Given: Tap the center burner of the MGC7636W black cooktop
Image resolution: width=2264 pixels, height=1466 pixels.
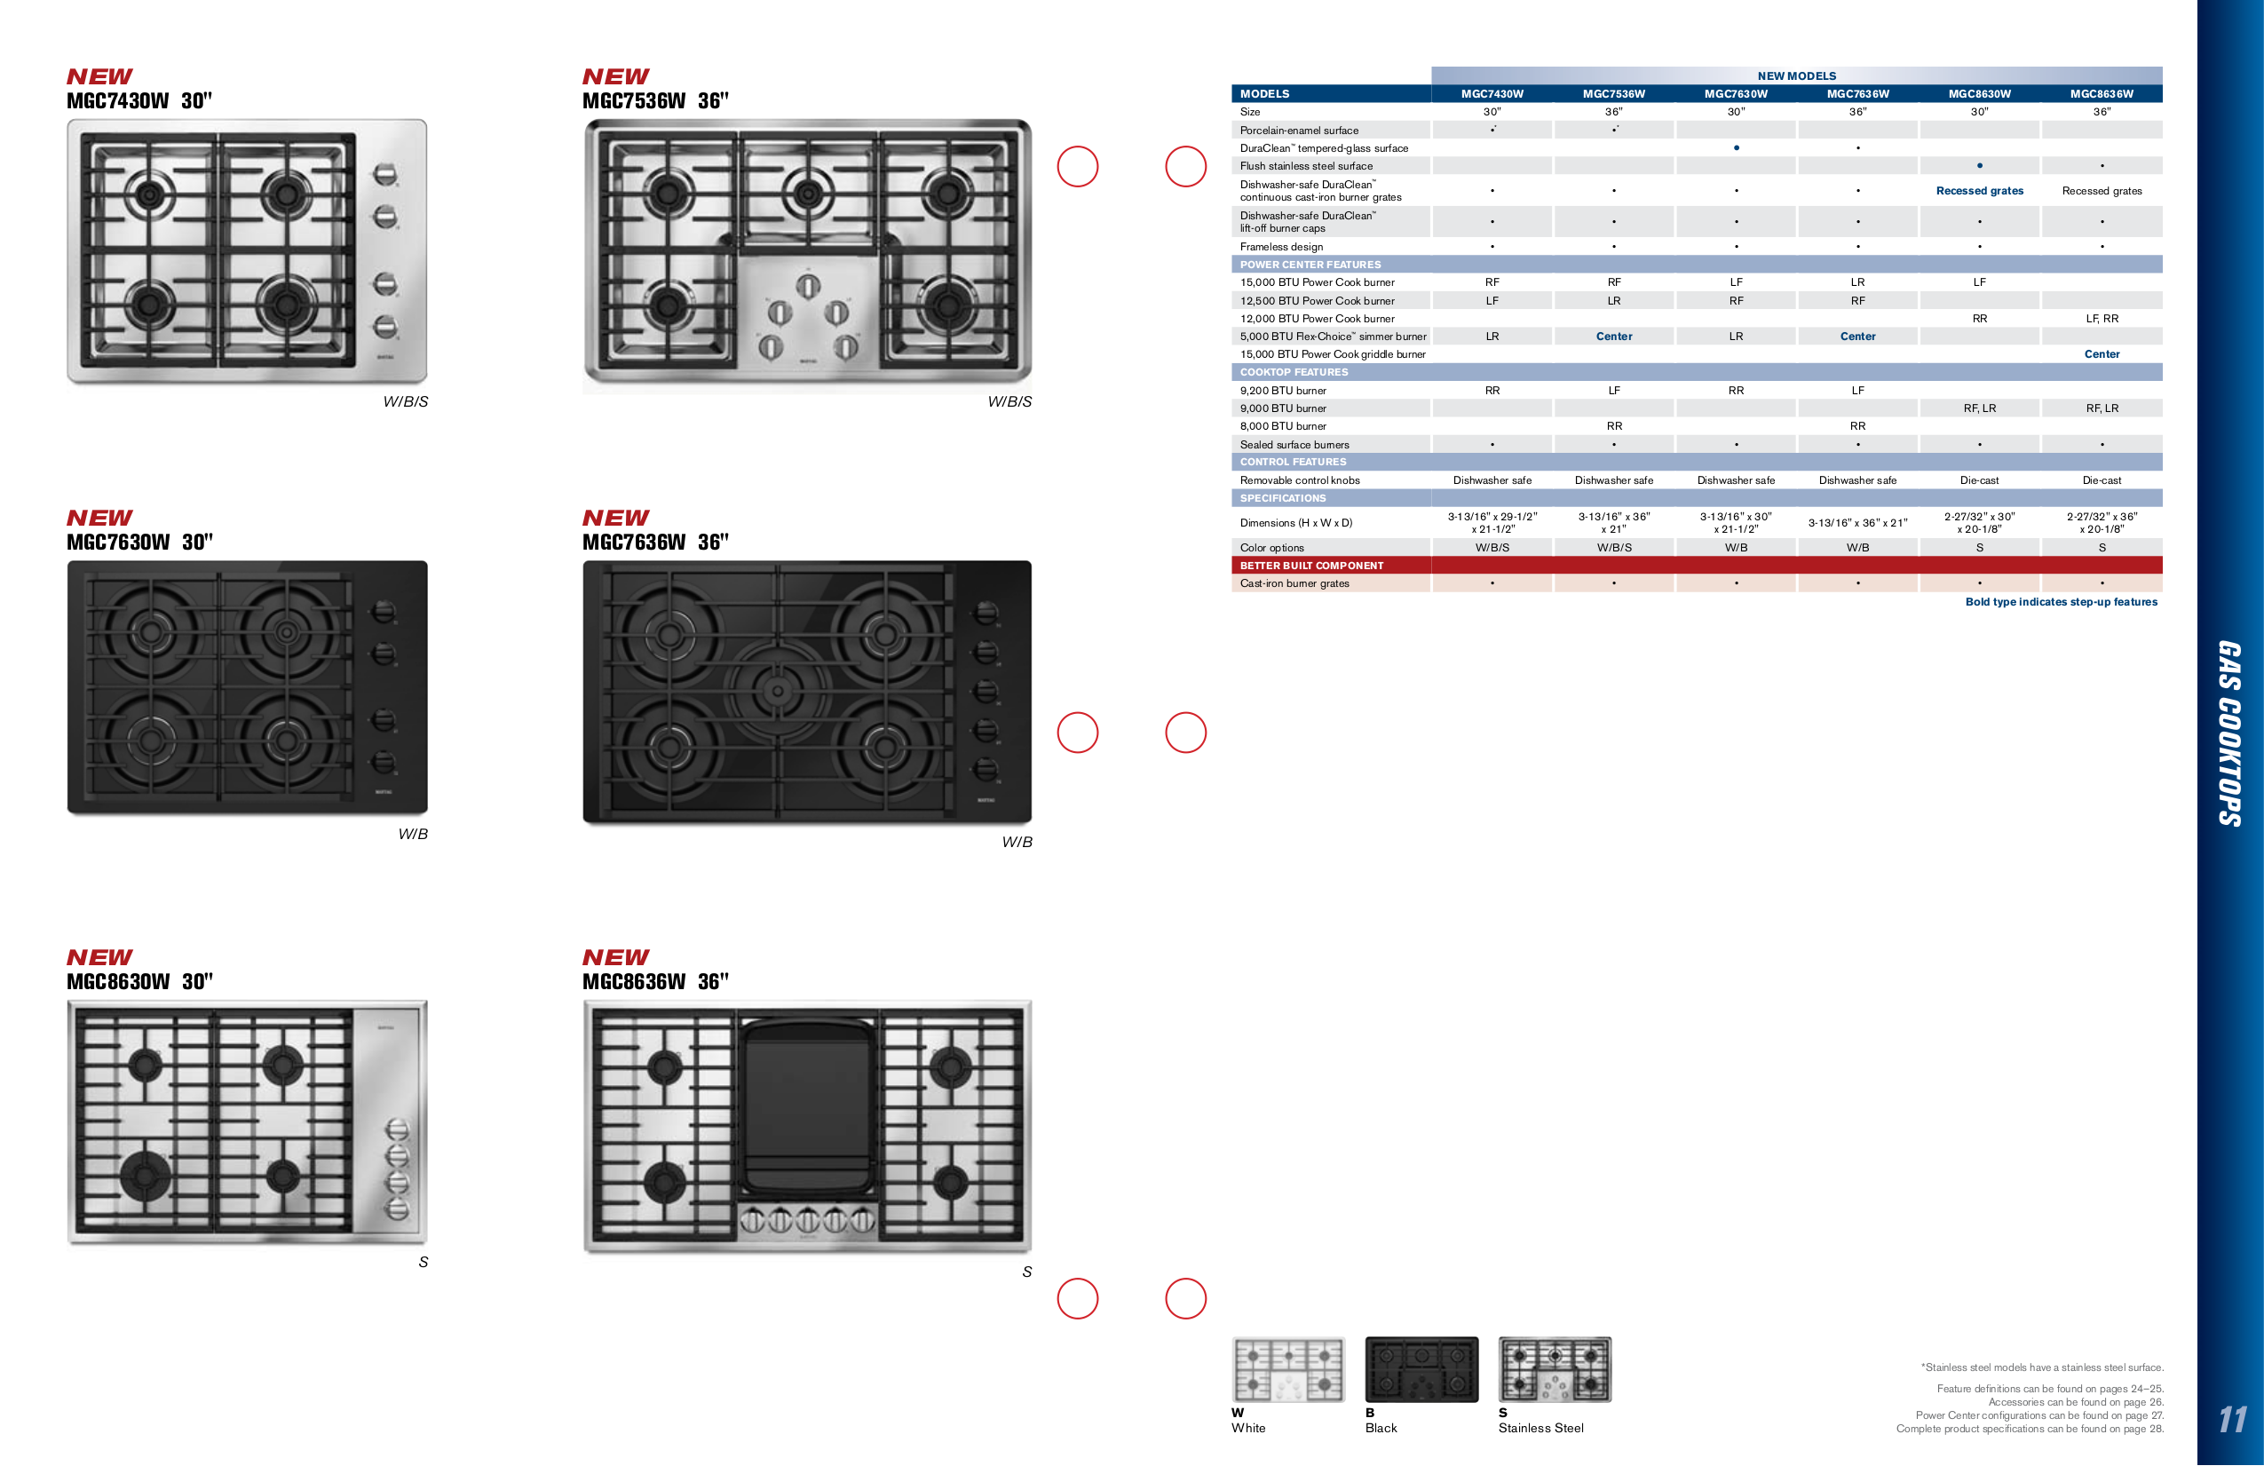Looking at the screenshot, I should (778, 692).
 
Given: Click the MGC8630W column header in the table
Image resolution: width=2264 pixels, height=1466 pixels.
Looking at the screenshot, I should (1979, 94).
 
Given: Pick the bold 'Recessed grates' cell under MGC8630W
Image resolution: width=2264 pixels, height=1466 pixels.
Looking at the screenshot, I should (1979, 191).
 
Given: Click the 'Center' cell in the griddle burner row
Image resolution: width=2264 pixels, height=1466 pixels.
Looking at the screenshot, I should (2102, 354).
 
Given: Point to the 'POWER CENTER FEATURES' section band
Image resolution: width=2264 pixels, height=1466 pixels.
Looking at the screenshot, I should (1309, 265).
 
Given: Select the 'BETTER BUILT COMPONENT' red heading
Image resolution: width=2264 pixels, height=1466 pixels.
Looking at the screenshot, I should (1310, 565).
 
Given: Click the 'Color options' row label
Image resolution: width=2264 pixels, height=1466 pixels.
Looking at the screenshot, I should (1271, 548).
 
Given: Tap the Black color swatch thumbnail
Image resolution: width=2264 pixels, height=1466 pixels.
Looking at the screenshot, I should (1421, 1369).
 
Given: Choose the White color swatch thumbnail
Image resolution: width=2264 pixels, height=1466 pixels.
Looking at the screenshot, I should (1288, 1369).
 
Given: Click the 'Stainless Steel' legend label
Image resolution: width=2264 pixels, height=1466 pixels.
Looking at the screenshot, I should (1540, 1428).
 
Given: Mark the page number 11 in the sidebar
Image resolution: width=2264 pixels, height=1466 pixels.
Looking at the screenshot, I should (2232, 1420).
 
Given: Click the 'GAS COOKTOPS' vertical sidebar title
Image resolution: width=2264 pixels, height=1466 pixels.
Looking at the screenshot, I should (2229, 733).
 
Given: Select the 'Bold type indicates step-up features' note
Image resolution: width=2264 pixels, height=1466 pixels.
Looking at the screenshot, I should (2061, 602).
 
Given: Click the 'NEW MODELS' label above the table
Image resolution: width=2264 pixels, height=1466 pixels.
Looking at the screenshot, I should (1796, 76).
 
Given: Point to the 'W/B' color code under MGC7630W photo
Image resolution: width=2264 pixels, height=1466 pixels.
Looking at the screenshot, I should (413, 835).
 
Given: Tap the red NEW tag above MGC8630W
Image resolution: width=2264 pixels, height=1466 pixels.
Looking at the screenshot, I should (99, 957).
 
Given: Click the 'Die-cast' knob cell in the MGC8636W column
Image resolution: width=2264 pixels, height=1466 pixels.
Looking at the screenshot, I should (2102, 480).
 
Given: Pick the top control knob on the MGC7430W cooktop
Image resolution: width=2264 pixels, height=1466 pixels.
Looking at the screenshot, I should (384, 174).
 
